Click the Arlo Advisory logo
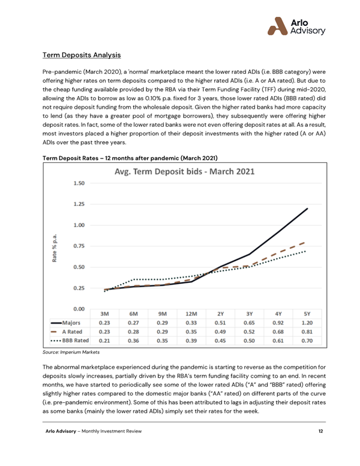(x=296, y=25)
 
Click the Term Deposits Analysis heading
(x=82, y=55)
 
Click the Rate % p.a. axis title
(x=55, y=246)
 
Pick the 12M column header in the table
(x=191, y=313)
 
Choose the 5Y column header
(x=307, y=313)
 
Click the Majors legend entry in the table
(x=68, y=322)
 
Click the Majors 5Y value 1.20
(x=307, y=322)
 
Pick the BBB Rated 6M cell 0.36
(x=134, y=340)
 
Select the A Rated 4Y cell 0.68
(x=278, y=331)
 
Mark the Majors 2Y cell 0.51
(x=220, y=322)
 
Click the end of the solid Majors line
(x=307, y=208)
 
